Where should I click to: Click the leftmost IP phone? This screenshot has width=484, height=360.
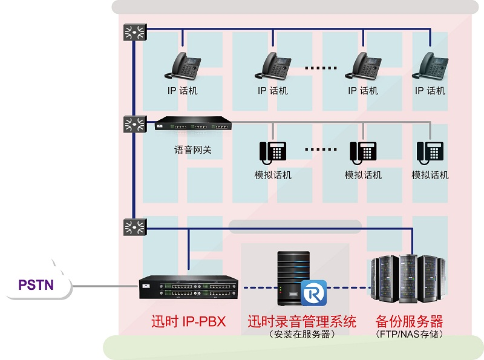183,65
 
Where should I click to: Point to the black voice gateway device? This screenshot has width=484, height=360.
193,125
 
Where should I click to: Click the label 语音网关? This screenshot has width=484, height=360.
193,149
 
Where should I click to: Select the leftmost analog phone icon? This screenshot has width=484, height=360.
273,152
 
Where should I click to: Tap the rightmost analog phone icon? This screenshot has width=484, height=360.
430,152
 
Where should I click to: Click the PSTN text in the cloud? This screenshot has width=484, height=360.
36,285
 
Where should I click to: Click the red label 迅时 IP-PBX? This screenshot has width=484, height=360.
188,321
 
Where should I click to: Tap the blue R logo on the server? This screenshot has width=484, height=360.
313,293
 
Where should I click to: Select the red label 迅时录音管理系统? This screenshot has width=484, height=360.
302,321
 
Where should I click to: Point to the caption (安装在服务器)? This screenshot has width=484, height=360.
302,334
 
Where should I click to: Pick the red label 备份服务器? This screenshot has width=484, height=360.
409,321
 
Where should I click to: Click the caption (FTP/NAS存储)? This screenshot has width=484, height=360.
409,334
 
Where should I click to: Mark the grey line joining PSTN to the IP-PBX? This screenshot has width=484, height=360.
103,286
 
